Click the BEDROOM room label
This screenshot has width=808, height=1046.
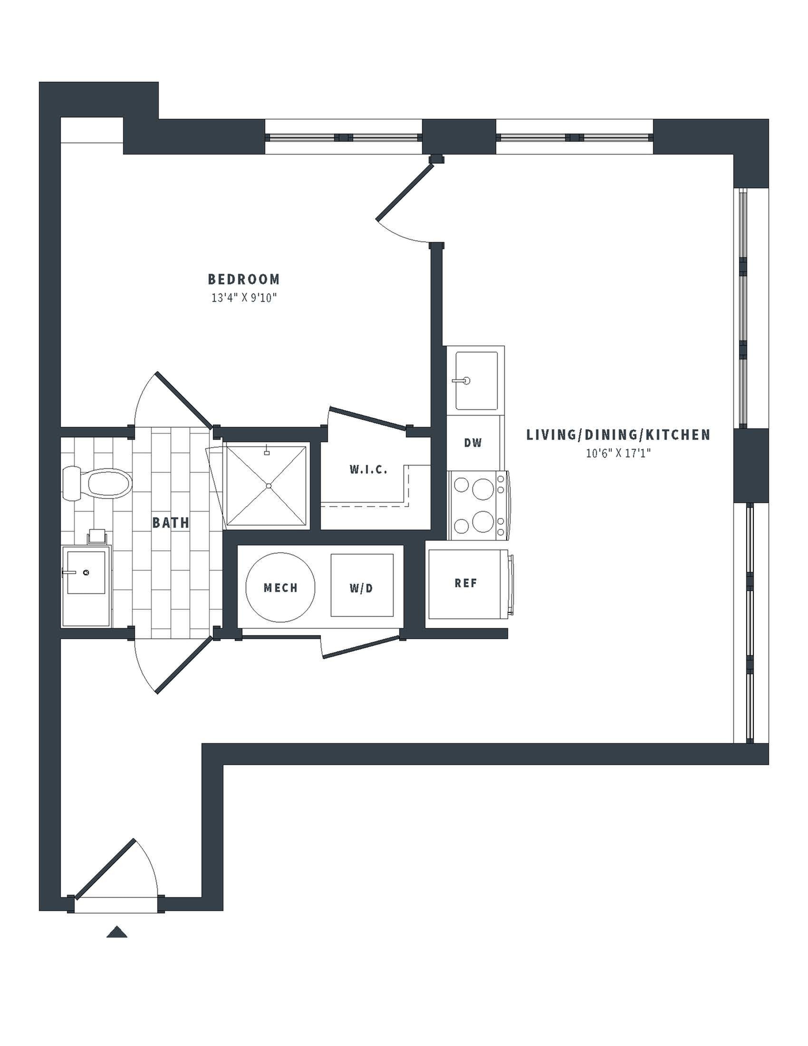[244, 279]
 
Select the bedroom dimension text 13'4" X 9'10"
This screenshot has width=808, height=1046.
[244, 298]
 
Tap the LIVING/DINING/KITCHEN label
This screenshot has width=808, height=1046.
[618, 435]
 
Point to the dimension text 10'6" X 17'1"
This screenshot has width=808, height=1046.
[618, 453]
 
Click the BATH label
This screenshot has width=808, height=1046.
[171, 523]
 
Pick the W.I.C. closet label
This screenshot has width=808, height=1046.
[368, 470]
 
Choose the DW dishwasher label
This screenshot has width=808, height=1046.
[473, 443]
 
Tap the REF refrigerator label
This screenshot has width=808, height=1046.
[466, 583]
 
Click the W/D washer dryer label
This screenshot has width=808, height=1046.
[361, 588]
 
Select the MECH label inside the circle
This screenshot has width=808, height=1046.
[280, 588]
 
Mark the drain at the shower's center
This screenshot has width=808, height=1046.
[269, 486]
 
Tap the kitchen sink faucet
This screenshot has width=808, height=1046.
[462, 381]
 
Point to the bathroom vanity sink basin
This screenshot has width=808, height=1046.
[86, 572]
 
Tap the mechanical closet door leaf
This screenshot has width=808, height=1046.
[361, 647]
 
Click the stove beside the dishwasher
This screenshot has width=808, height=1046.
[479, 506]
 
